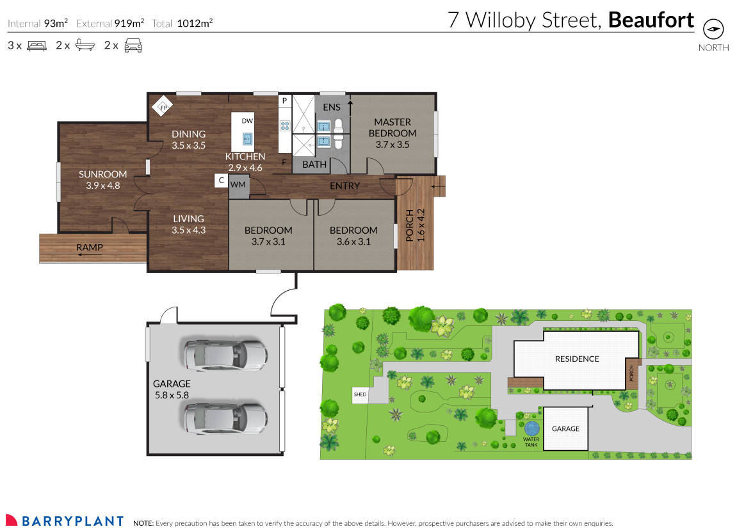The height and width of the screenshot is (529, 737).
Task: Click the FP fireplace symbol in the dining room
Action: point(163,107)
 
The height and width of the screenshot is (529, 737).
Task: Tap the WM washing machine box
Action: point(238,184)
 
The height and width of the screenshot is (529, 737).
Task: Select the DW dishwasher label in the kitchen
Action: point(247,120)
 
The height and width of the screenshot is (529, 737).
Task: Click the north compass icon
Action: point(713,30)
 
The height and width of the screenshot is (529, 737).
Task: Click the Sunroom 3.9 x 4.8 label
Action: point(103,180)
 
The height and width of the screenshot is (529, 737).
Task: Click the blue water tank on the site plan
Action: point(531,428)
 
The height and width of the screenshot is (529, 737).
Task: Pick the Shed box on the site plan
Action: point(360,395)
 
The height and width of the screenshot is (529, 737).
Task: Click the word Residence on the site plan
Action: point(577,359)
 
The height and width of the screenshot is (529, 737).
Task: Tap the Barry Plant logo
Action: point(65,521)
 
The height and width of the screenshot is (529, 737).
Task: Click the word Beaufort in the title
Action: point(651,20)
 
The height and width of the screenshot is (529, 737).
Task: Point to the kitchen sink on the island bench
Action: point(247,139)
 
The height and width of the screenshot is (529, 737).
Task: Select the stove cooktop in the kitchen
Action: point(285,126)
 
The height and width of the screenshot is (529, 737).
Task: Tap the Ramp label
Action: point(90,247)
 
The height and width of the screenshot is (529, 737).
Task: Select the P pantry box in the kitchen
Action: point(284,101)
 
